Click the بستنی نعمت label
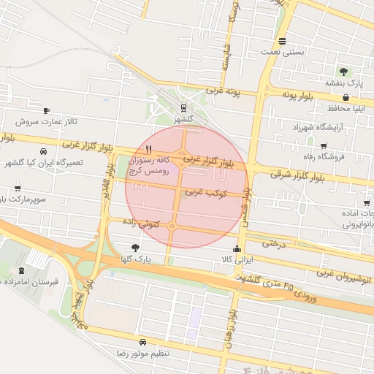pyautogui.click(x=282, y=53)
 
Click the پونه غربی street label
pyautogui.click(x=224, y=91)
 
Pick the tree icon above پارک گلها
pyautogui.click(x=134, y=248)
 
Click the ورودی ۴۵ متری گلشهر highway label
pyautogui.click(x=271, y=284)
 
